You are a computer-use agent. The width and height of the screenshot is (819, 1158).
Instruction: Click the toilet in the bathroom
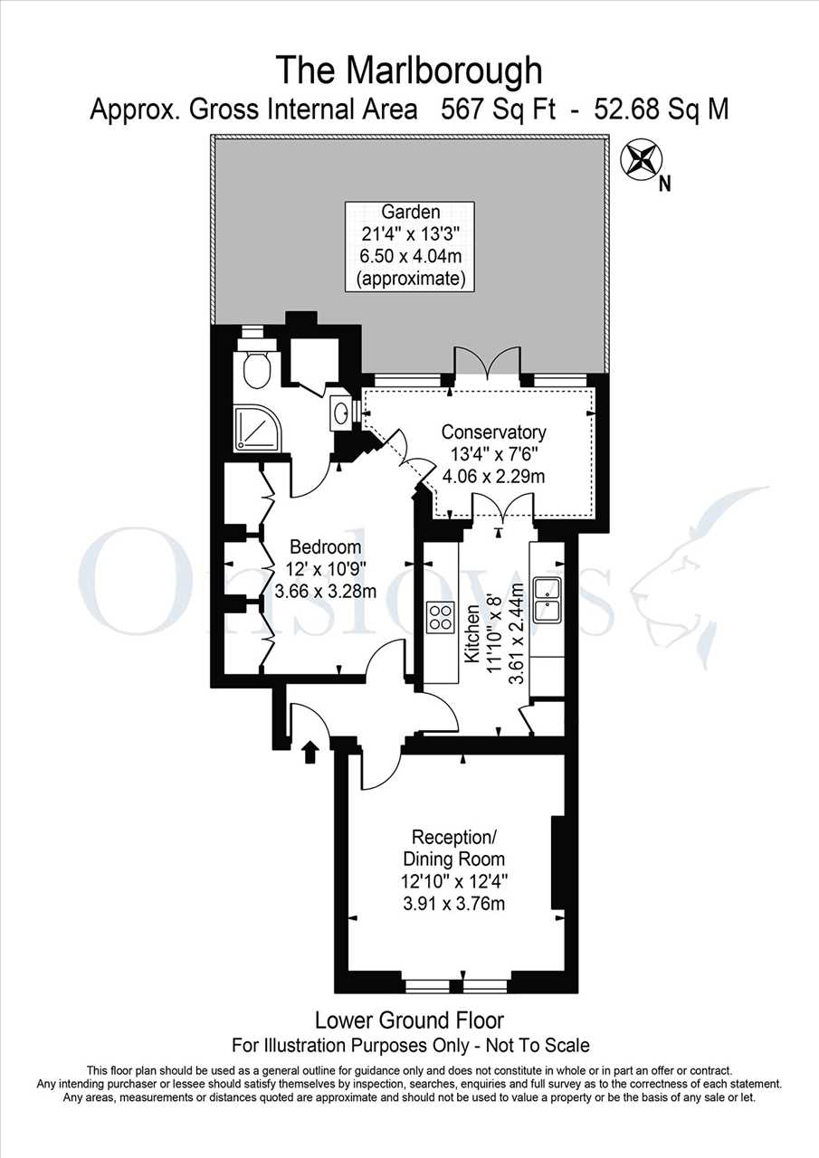point(254,364)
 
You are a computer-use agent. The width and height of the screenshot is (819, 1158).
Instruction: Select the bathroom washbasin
point(340,413)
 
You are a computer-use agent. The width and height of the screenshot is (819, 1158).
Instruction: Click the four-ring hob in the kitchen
point(440,617)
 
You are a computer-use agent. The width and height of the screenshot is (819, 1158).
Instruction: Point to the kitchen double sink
point(547,599)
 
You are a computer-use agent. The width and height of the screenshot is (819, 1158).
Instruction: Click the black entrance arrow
point(310,752)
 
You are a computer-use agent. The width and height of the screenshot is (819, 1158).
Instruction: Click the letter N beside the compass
point(664,184)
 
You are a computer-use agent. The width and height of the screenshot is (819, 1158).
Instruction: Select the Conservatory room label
point(494,432)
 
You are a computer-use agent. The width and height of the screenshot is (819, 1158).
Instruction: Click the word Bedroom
point(325,546)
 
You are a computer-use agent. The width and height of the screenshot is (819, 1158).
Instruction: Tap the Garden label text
point(411,212)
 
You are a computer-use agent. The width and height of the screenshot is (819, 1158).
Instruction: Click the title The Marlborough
point(409,71)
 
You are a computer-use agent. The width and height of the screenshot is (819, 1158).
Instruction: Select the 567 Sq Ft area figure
point(498,109)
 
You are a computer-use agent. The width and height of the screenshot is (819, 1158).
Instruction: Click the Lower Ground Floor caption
point(409,1020)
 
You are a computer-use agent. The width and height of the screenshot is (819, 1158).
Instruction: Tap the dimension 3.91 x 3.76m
point(453,903)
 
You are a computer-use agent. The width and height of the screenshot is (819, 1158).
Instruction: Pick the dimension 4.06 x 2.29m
point(493,476)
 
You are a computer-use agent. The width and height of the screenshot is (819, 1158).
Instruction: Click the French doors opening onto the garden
point(487,367)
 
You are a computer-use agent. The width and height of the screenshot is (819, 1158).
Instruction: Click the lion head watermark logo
point(698,576)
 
